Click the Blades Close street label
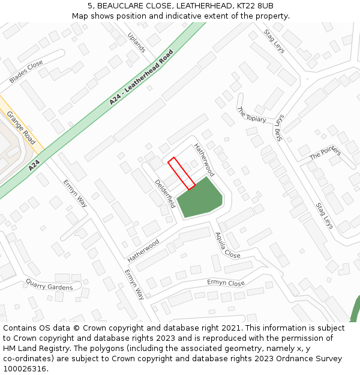click(x=26, y=71)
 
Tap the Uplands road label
click(x=137, y=42)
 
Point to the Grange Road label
click(x=21, y=127)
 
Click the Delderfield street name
click(x=164, y=193)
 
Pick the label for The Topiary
click(x=251, y=115)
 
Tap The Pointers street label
click(x=325, y=153)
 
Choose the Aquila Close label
click(x=227, y=245)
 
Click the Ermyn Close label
click(x=226, y=283)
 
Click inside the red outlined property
click(x=182, y=173)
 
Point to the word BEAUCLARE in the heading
click(x=124, y=5)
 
